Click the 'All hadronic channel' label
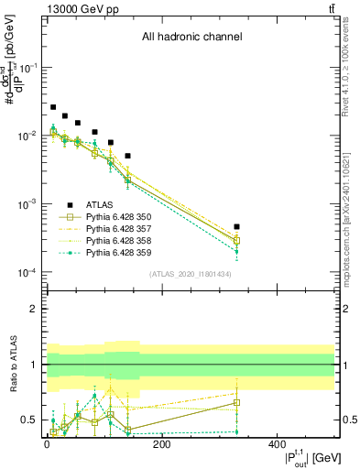pyautogui.click(x=191, y=38)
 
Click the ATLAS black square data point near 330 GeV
pyautogui.click(x=236, y=226)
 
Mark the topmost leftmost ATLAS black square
pyautogui.click(x=53, y=107)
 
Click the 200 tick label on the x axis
pyautogui.click(x=161, y=444)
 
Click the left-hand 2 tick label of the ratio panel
pyautogui.click(x=34, y=309)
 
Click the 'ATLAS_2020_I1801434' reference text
pyautogui.click(x=191, y=274)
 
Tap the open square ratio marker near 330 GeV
pyautogui.click(x=236, y=402)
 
